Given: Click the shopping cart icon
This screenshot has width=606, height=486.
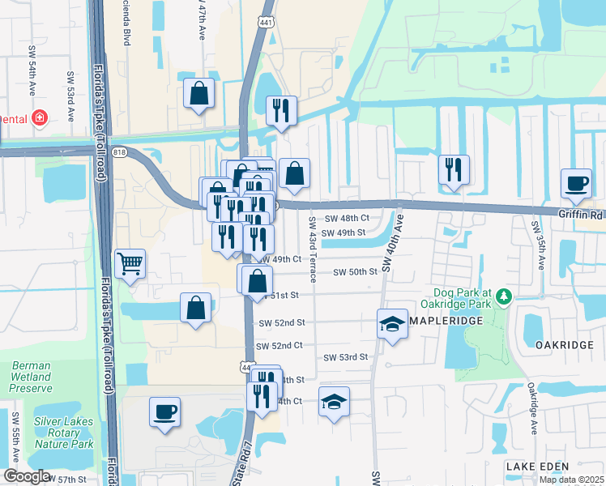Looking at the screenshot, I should coord(130,263).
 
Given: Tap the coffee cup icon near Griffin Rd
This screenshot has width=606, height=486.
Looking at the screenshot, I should coord(576,183).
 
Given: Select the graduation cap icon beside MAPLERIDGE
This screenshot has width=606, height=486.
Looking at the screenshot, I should coord(392,325).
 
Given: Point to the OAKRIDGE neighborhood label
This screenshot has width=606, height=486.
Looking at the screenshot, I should coord(565,344).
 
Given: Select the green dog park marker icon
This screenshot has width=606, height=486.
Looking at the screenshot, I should coord(504,298).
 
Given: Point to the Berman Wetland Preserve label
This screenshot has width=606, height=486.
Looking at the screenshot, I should coord(31,377).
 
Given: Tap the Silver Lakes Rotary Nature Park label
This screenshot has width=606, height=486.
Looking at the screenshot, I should coord(64,433).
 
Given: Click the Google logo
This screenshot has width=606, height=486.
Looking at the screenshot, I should coord(27,476).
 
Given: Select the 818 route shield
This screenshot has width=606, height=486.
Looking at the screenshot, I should coord(121,151).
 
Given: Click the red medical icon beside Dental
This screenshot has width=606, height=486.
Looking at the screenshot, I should coord(39,119).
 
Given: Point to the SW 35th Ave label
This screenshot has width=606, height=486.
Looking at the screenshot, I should coord(537,244).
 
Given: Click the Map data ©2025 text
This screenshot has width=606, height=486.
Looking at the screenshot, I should coord(571,480).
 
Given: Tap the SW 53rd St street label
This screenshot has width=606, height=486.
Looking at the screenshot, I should coord(346,357).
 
